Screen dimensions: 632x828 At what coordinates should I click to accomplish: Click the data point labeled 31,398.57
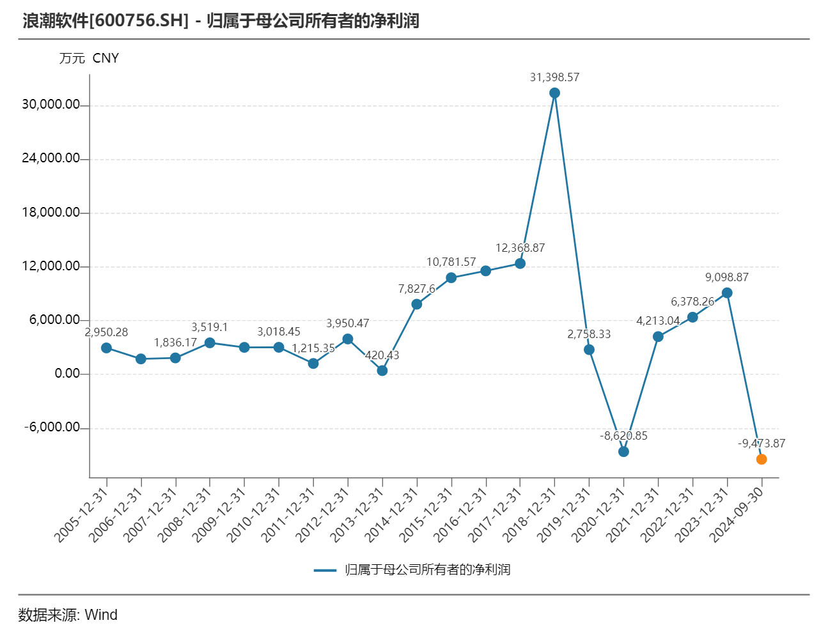pyautogui.click(x=554, y=93)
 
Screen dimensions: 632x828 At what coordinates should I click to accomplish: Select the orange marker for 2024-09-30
pyautogui.click(x=761, y=459)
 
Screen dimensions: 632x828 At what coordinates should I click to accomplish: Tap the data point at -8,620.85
pyautogui.click(x=623, y=452)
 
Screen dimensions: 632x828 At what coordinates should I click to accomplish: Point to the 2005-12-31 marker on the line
pyautogui.click(x=107, y=348)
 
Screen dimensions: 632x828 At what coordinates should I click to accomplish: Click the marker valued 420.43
pyautogui.click(x=382, y=371)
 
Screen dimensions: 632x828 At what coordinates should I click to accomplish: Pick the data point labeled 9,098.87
pyautogui.click(x=727, y=293)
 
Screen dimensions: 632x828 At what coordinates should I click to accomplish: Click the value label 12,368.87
pyautogui.click(x=520, y=248)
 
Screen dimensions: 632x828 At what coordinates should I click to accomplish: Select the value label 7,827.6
pyautogui.click(x=416, y=289)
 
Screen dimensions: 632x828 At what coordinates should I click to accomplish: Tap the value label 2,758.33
pyautogui.click(x=589, y=334)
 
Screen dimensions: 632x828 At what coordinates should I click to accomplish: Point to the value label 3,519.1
pyautogui.click(x=210, y=327)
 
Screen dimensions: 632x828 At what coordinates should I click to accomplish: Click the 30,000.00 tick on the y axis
pyautogui.click(x=51, y=105)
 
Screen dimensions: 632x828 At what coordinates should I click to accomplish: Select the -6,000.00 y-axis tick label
pyautogui.click(x=52, y=428)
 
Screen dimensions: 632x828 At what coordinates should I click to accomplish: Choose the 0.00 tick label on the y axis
pyautogui.click(x=67, y=374)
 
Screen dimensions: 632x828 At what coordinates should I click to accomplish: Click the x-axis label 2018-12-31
pyautogui.click(x=528, y=514)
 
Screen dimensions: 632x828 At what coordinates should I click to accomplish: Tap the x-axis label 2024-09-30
pyautogui.click(x=735, y=514)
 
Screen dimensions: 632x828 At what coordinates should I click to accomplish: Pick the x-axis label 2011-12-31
pyautogui.click(x=287, y=514)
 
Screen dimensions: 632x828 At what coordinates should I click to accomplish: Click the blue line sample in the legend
pyautogui.click(x=325, y=570)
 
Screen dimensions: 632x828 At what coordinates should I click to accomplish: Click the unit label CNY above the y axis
pyautogui.click(x=105, y=58)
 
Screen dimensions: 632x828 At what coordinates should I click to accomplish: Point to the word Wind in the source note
pyautogui.click(x=101, y=615)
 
